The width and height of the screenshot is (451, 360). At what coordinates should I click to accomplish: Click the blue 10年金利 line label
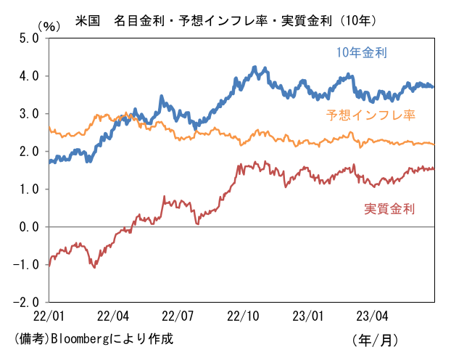click(x=362, y=53)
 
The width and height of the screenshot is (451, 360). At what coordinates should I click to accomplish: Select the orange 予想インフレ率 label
click(x=371, y=115)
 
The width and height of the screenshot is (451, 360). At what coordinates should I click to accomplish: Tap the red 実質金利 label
click(x=389, y=208)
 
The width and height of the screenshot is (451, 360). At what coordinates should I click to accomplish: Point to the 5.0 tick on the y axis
click(x=29, y=38)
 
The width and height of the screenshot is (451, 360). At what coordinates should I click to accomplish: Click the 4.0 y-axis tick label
click(x=29, y=76)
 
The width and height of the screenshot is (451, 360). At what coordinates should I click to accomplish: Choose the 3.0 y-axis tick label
click(x=29, y=114)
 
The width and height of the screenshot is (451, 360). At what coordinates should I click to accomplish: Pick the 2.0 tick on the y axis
click(x=29, y=152)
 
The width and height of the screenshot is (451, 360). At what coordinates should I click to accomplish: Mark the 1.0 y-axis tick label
click(x=29, y=189)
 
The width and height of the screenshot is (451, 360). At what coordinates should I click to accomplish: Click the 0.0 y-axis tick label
click(x=29, y=227)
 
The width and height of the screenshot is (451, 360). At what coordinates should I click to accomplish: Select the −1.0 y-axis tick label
click(x=26, y=265)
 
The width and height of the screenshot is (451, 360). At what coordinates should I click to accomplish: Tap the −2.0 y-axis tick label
click(x=26, y=302)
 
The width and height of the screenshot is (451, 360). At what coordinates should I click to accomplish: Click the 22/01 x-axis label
click(x=49, y=316)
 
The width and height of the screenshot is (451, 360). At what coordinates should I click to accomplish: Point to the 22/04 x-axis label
click(x=113, y=316)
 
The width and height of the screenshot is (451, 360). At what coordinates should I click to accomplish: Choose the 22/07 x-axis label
click(x=178, y=316)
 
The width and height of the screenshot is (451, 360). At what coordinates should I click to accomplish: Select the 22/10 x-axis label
click(x=243, y=316)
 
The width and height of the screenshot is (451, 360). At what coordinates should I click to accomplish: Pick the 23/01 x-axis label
click(x=308, y=316)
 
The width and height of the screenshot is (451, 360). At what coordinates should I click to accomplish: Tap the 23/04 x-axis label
click(x=372, y=316)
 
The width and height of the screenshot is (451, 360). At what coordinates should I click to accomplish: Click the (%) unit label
click(x=49, y=27)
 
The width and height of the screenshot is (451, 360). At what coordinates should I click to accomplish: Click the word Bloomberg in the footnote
click(x=80, y=339)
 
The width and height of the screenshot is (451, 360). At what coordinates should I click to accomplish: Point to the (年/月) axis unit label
click(x=375, y=340)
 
